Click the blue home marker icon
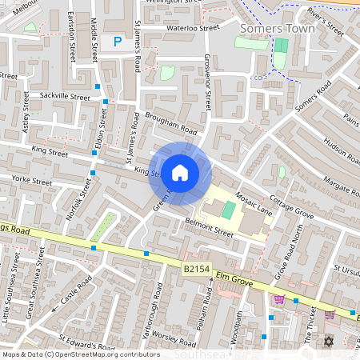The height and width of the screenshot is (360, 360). [x=180, y=172]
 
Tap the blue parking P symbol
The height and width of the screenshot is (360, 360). [x=118, y=41]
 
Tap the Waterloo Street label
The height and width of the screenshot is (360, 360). [x=193, y=27]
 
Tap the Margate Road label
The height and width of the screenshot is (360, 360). [x=334, y=186]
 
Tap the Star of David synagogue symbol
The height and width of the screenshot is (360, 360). [x=327, y=342]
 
